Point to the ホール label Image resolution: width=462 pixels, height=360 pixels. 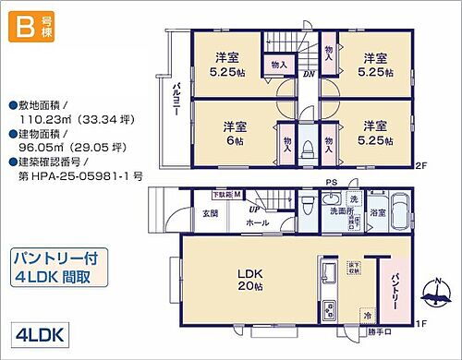coord(258,223)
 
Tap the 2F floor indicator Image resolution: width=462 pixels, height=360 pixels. coord(420,167)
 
